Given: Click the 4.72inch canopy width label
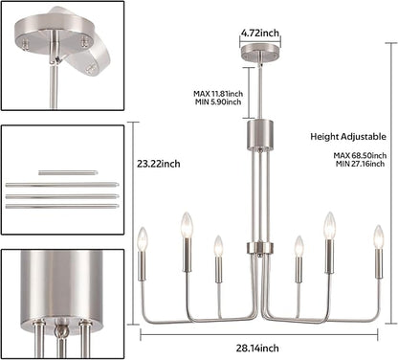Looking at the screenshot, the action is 260,33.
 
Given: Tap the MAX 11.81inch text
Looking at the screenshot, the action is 218,94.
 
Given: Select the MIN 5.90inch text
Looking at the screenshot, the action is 218,102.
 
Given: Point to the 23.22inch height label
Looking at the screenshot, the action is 159,164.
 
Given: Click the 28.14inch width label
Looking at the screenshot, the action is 257,348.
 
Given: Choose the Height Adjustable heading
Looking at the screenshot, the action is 348,137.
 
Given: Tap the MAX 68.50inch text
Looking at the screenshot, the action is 360,155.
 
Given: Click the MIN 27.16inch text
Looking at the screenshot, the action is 360,164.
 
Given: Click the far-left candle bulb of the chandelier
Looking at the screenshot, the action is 143,238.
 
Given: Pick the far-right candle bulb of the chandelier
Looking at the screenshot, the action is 379,236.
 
